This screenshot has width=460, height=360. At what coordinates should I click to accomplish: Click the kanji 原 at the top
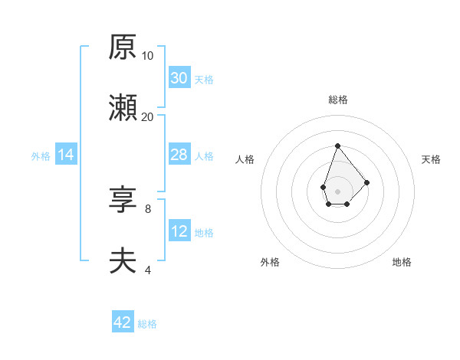pos(123,48)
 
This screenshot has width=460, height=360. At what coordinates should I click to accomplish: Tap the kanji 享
pos(123,201)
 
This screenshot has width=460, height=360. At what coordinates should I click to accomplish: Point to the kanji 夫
pos(123,261)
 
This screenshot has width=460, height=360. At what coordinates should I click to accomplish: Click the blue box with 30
pos(179,78)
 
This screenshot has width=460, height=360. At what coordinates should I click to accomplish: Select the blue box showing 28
pos(179,155)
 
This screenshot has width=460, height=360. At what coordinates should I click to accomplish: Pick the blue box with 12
pos(179,231)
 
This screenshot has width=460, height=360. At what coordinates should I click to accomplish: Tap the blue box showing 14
pos(66,155)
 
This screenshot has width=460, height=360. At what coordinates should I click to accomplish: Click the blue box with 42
pos(123,322)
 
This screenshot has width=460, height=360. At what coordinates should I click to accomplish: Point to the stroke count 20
pos(147,116)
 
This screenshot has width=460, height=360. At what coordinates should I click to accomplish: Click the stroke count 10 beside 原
pos(147,55)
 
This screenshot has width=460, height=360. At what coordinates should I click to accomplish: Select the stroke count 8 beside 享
pos(147,208)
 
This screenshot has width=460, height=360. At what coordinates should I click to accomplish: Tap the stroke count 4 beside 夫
pos(147,269)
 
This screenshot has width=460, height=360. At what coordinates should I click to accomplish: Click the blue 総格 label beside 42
pos(147,324)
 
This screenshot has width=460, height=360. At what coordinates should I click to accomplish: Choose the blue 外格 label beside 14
pos(41,156)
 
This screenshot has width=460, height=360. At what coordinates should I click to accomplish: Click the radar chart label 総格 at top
pos(337,100)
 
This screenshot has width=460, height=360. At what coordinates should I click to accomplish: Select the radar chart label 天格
pos(431,159)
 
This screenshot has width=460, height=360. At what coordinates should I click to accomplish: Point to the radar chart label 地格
pos(402,262)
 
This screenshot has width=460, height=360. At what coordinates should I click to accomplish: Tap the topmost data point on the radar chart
pos(337,146)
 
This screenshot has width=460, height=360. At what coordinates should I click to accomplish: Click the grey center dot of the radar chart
pos(337,190)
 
